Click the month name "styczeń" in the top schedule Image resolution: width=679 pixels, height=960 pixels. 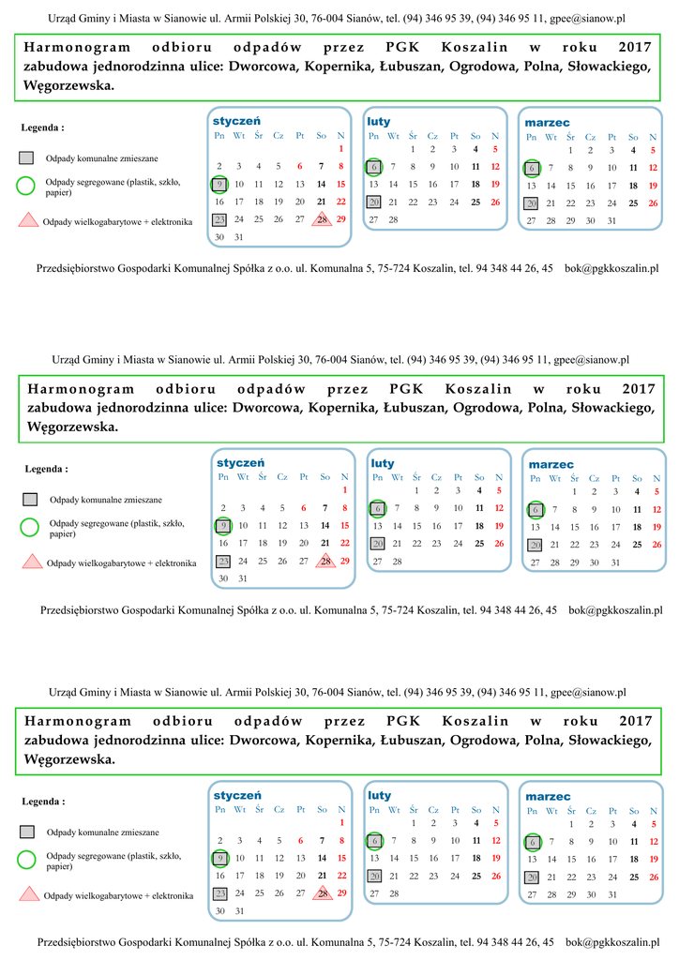236,121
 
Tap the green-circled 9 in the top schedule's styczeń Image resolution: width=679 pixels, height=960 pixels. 219,185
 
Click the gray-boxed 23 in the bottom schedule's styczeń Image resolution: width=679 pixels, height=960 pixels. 219,893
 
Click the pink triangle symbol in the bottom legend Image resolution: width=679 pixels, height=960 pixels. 28,894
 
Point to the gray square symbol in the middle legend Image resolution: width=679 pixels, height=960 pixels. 30,500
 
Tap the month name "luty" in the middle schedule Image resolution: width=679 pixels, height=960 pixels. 383,463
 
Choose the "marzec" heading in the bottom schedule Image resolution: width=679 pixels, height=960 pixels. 548,796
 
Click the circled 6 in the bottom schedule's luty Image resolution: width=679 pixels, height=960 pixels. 374,840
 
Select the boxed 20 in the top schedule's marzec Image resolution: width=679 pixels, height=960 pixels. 531,202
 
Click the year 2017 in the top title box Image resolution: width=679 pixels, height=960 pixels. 635,48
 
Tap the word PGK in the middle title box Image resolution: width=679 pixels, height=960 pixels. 405,389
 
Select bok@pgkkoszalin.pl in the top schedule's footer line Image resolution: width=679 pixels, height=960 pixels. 611,268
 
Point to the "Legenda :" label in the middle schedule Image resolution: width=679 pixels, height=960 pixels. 46,469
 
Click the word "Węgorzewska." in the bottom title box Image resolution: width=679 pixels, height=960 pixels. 69,759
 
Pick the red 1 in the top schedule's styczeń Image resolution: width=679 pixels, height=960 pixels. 341,148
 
